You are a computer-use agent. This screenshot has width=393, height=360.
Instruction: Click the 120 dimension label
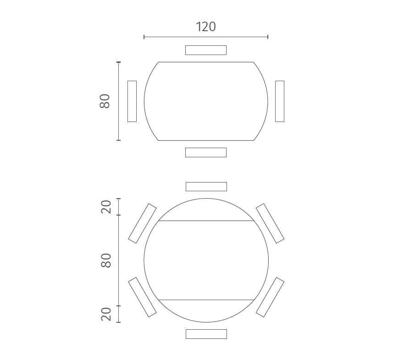[205, 27]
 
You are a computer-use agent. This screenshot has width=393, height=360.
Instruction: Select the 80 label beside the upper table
[105, 101]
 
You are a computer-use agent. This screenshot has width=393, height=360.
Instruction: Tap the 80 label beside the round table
[106, 260]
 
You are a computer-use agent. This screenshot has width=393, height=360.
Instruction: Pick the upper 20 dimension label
[106, 207]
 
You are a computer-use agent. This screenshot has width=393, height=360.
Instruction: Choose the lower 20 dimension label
[106, 314]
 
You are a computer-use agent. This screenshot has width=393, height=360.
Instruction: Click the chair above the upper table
[206, 50]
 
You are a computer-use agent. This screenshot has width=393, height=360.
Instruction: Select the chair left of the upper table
[132, 101]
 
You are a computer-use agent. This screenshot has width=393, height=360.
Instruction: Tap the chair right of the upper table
[280, 101]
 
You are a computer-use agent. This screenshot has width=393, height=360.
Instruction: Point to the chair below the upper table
[206, 152]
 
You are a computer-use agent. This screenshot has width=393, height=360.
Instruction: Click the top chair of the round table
[206, 187]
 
